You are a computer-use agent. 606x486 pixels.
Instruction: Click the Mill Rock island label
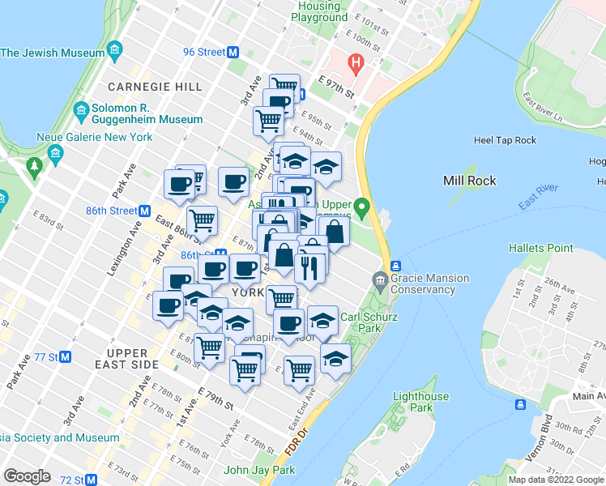[470, 181]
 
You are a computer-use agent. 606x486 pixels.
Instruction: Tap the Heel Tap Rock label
[505, 140]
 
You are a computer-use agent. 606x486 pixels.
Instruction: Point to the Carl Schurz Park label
[369, 322]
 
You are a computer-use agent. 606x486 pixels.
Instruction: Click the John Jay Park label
[258, 470]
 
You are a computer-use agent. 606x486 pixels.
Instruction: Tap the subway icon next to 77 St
[66, 356]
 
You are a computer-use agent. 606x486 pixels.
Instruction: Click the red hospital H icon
[353, 62]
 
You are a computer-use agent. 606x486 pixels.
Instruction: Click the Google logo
[27, 476]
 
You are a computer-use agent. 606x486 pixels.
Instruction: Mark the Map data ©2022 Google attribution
[556, 480]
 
